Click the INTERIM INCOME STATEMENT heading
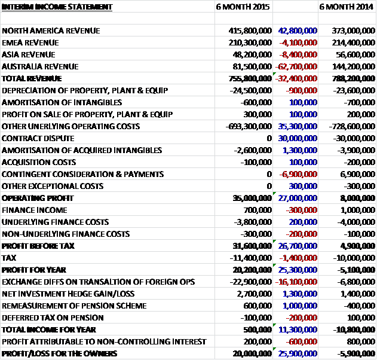tap(57, 7)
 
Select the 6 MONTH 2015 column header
tap(243, 7)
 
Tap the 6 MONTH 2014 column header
tap(346, 7)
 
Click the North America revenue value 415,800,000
tap(250, 30)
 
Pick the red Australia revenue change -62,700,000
tap(296, 66)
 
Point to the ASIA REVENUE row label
tap(28, 54)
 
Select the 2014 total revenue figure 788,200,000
tap(354, 78)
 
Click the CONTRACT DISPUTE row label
tap(38, 138)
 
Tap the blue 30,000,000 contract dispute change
tap(298, 138)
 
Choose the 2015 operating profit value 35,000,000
tap(252, 198)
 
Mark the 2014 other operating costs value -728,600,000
tap(352, 126)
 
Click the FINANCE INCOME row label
tap(35, 210)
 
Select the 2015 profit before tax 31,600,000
tap(252, 246)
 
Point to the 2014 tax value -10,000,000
tap(354, 258)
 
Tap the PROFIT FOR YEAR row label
tap(34, 270)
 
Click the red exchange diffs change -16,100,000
tap(296, 282)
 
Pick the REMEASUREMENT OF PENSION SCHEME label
tap(74, 306)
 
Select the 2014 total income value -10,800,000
tap(354, 330)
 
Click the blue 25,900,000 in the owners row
tap(298, 353)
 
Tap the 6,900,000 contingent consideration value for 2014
tap(358, 174)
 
